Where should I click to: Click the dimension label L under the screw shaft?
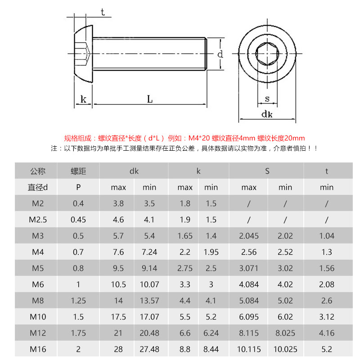(x=150, y=99)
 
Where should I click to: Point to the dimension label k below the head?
(x=83, y=99)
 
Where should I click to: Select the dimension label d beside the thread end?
(x=220, y=54)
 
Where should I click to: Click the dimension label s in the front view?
(x=267, y=99)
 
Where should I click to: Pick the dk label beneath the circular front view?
(x=267, y=114)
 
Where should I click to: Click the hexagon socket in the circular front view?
(x=267, y=54)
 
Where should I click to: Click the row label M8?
(x=38, y=301)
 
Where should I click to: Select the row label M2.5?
(x=38, y=220)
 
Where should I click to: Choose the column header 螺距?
(x=78, y=171)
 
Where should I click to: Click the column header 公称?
(x=38, y=171)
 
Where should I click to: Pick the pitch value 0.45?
(x=78, y=220)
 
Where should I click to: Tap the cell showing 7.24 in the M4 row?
(x=149, y=252)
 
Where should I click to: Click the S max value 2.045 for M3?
(x=249, y=236)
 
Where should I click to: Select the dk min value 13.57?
(x=149, y=301)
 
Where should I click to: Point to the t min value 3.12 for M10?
(x=327, y=317)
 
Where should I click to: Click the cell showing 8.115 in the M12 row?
(x=249, y=333)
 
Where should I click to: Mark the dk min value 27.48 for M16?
(x=149, y=349)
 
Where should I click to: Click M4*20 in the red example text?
(x=199, y=138)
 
